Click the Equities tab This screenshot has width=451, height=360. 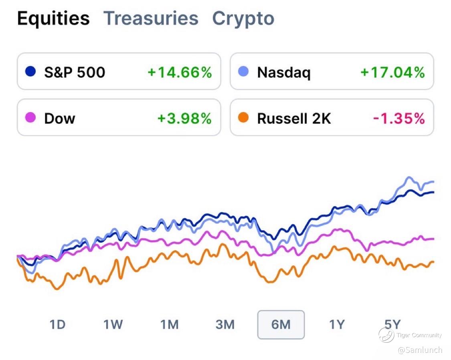pos(53,18)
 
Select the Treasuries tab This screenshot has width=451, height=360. pos(151,18)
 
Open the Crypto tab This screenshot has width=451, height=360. pos(243,18)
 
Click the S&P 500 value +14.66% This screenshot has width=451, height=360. pos(179,72)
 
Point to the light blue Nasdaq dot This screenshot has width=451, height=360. pos(243,72)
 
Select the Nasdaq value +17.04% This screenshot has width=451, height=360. pos(392,72)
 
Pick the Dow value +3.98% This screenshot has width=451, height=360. pos(184,118)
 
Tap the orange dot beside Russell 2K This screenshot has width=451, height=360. pos(243,118)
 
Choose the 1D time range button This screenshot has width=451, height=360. pos(57,324)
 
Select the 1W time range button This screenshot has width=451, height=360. pos(113,324)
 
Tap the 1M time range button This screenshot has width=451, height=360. pos(169,324)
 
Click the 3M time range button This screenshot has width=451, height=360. pos(225,324)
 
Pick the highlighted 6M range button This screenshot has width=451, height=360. pos(281,324)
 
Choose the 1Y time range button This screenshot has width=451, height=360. pos(337,324)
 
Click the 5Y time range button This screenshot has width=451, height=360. pos(392,324)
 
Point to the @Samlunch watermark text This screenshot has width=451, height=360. pos(420,350)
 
